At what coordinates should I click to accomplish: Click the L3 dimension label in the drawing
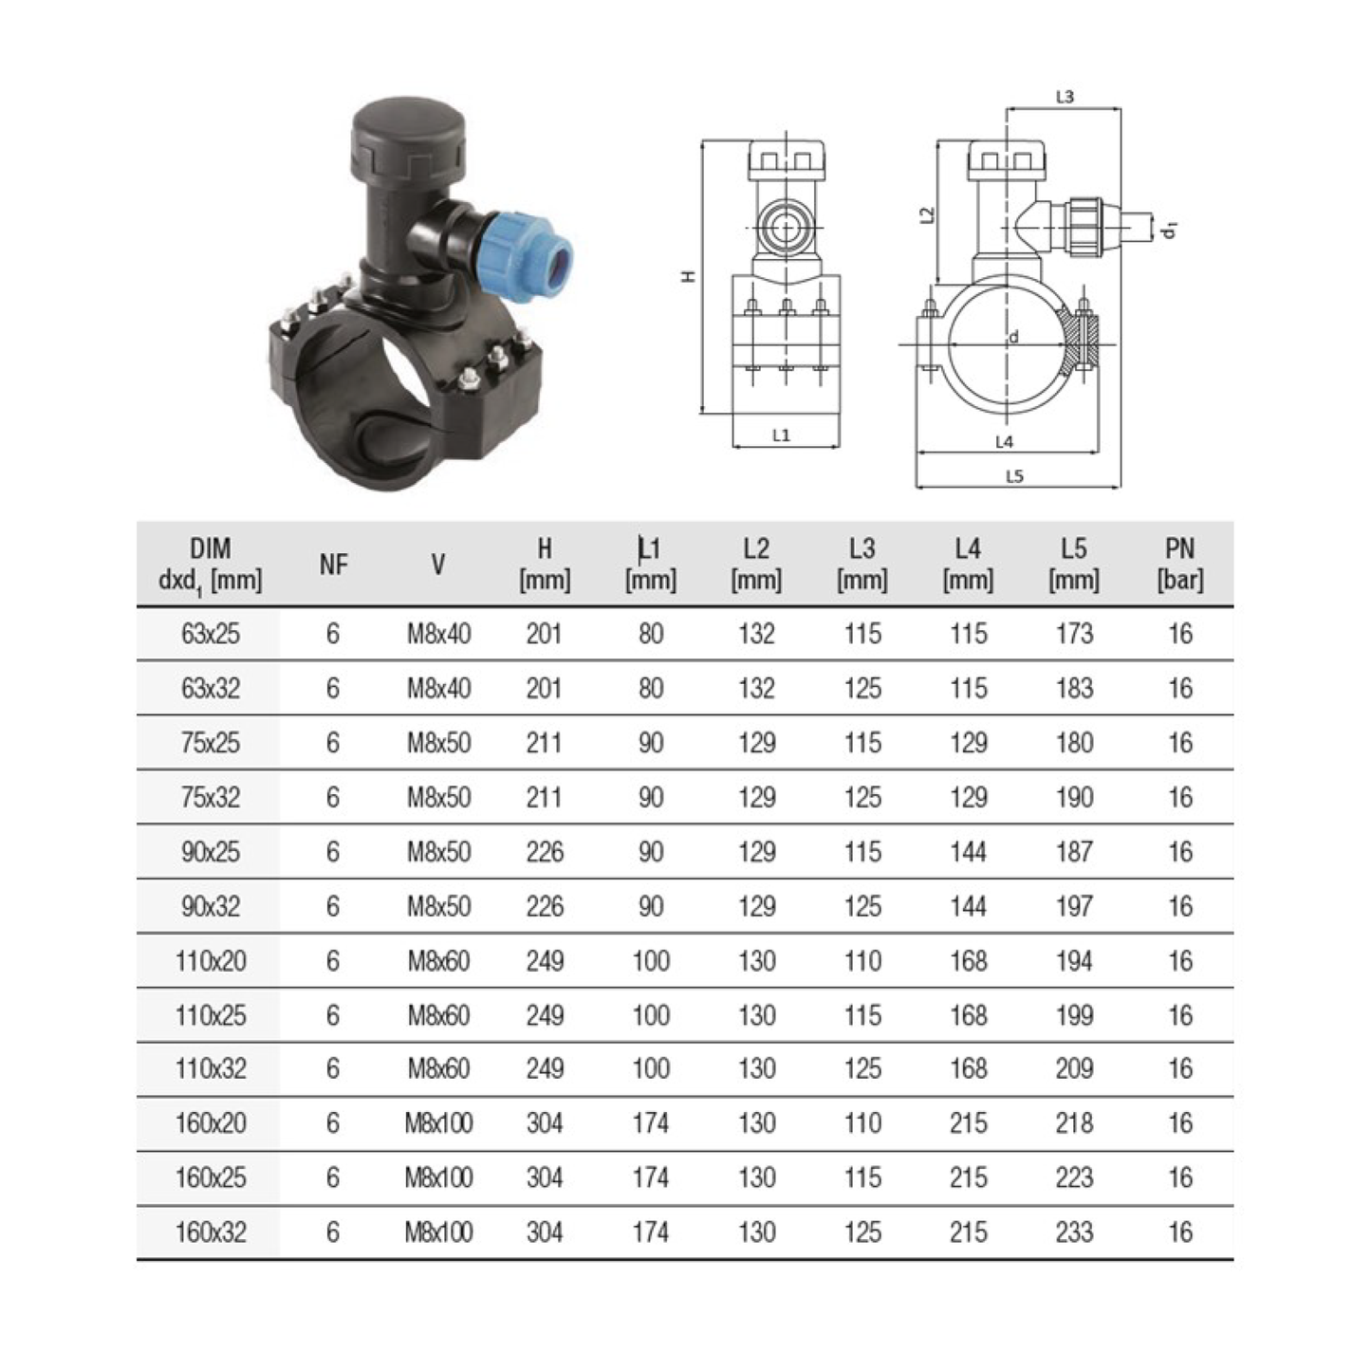pyautogui.click(x=1065, y=97)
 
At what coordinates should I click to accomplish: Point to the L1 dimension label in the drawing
pyautogui.click(x=781, y=435)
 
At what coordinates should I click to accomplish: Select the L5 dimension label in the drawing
pyautogui.click(x=1014, y=476)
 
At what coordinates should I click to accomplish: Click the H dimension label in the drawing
pyautogui.click(x=688, y=276)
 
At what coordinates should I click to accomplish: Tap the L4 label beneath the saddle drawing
pyautogui.click(x=1004, y=442)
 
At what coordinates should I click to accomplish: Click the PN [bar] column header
pyautogui.click(x=1179, y=565)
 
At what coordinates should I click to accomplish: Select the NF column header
pyautogui.click(x=333, y=565)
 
